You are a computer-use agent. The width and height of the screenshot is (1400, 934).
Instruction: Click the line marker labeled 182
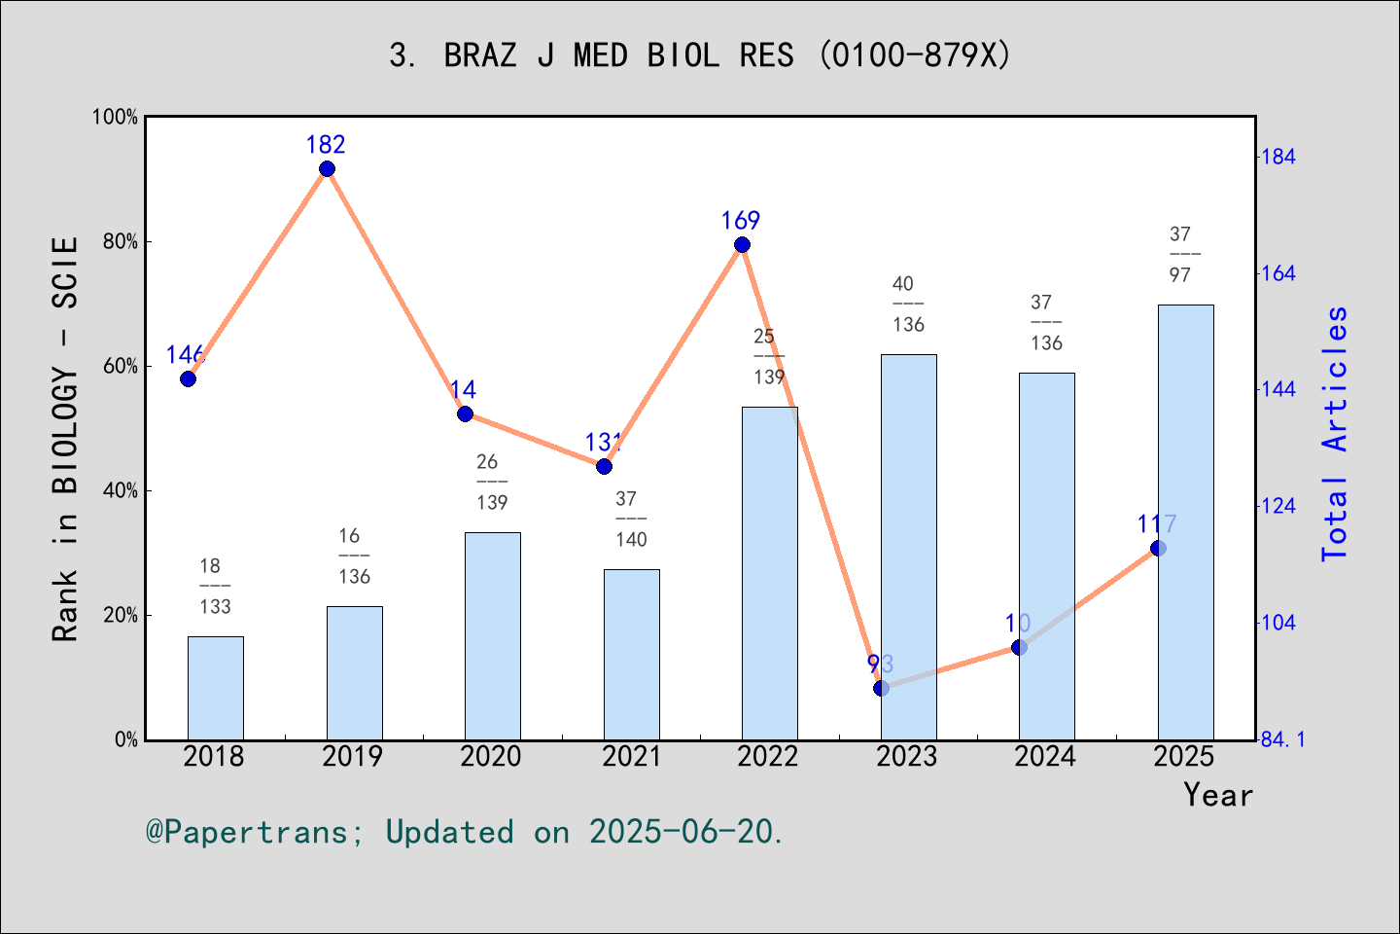(x=327, y=169)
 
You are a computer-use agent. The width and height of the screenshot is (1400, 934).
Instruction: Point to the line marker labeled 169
(x=742, y=245)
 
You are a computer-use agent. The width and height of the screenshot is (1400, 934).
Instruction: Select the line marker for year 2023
(x=881, y=688)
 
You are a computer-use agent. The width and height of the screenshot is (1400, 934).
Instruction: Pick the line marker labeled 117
(x=1158, y=549)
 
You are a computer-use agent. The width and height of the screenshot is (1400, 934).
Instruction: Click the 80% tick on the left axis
(x=121, y=242)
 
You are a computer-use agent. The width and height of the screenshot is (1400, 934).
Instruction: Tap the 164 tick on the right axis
(x=1277, y=273)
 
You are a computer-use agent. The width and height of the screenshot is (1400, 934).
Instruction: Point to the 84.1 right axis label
(x=1282, y=740)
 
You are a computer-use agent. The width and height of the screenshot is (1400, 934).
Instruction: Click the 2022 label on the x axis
(x=768, y=757)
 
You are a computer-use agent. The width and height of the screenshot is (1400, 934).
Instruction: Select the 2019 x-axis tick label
(x=353, y=757)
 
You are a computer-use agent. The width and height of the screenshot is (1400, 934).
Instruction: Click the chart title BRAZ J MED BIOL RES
(x=700, y=55)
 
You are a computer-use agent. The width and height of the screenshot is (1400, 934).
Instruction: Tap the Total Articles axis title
(x=1336, y=433)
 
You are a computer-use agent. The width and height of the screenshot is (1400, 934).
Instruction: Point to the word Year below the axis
(x=1217, y=795)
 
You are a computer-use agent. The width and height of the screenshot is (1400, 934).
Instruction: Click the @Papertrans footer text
(x=465, y=832)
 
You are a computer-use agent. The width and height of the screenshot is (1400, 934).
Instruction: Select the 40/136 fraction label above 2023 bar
(x=908, y=305)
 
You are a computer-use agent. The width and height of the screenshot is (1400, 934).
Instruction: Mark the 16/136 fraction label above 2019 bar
(x=354, y=557)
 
